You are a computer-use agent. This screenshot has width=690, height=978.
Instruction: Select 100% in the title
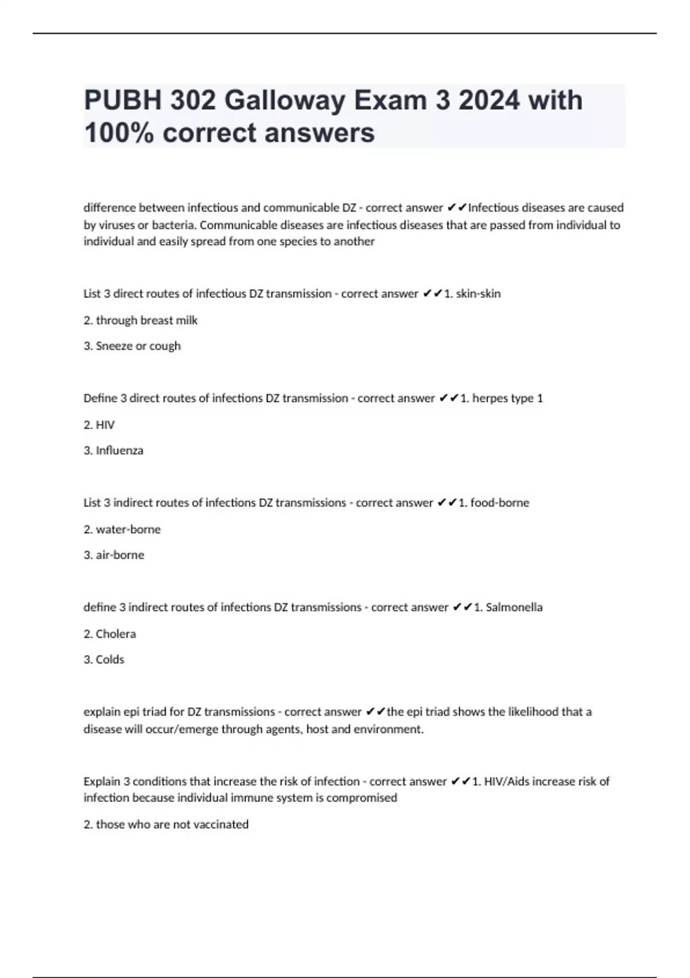(x=119, y=133)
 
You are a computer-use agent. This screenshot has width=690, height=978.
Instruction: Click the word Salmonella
(x=514, y=608)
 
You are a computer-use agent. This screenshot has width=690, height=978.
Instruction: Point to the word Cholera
(x=116, y=634)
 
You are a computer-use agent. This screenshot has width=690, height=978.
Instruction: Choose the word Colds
(x=110, y=660)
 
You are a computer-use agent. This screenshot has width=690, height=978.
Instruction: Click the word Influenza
(x=120, y=450)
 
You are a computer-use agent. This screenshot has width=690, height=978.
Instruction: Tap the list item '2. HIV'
(x=99, y=425)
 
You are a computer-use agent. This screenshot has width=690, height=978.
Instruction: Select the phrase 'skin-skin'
(x=478, y=294)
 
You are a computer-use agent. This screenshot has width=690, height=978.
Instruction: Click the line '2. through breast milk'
(x=140, y=320)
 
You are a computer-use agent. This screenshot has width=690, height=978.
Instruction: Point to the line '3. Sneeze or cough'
(x=132, y=346)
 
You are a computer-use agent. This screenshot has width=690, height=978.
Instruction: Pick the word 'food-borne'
(x=500, y=503)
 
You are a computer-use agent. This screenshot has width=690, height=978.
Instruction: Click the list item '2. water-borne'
(x=122, y=529)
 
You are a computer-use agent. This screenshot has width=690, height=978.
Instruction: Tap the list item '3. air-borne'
(x=114, y=555)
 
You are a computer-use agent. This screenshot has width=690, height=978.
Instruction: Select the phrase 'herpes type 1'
(x=507, y=398)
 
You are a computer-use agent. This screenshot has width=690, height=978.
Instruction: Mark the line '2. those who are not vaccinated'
(x=166, y=824)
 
